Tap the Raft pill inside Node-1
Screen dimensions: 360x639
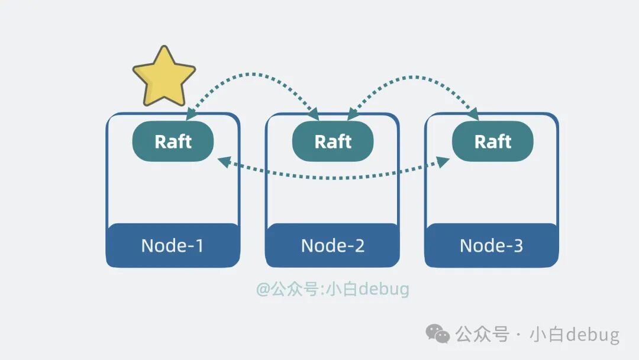click(x=173, y=142)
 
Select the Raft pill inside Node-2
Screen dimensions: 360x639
click(x=333, y=142)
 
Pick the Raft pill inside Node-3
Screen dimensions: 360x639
click(x=492, y=142)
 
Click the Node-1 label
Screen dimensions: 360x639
click(x=172, y=245)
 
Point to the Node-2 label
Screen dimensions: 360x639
click(x=332, y=245)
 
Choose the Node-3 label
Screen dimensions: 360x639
click(x=492, y=245)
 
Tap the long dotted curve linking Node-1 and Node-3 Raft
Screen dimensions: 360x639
click(x=333, y=176)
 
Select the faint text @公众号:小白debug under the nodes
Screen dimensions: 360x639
click(x=333, y=290)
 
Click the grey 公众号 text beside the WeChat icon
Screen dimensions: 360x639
click(x=482, y=335)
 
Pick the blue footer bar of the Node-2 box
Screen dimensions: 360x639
click(x=332, y=245)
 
